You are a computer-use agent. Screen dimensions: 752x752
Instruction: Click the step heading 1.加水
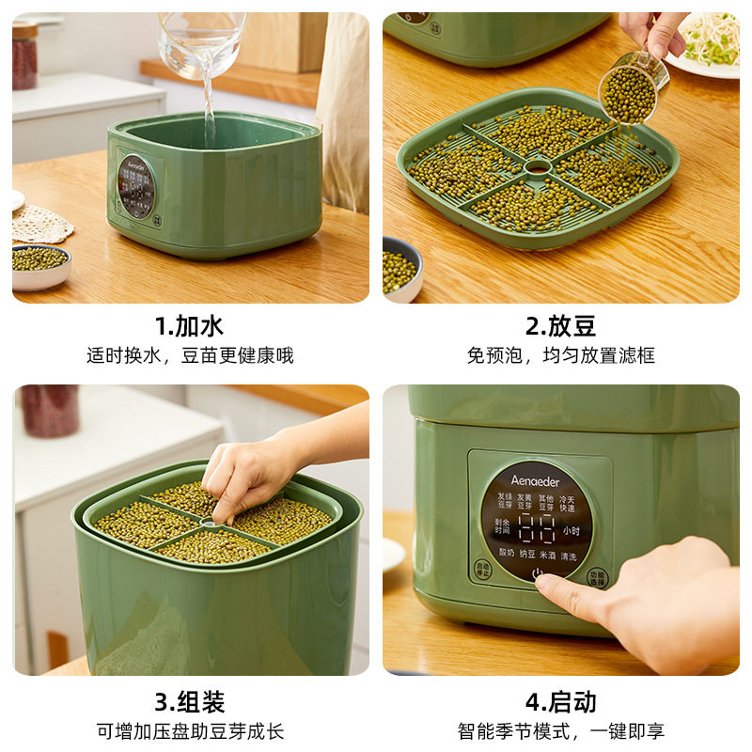(189, 326)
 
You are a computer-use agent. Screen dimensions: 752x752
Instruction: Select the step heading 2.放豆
(560, 326)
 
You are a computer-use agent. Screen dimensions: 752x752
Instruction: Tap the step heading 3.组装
(189, 701)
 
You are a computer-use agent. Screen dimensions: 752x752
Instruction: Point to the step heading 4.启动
(560, 701)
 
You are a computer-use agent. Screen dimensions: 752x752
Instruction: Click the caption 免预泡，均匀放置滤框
(560, 355)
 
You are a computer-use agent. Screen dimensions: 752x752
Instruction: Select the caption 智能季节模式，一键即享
(560, 730)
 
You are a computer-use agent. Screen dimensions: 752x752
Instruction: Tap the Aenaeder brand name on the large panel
(535, 480)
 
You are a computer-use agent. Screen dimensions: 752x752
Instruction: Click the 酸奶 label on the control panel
(509, 556)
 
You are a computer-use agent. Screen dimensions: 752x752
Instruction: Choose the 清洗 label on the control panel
(569, 556)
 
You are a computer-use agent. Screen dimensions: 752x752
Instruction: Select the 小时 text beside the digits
(572, 530)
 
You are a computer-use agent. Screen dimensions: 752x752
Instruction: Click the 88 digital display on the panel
(536, 529)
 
